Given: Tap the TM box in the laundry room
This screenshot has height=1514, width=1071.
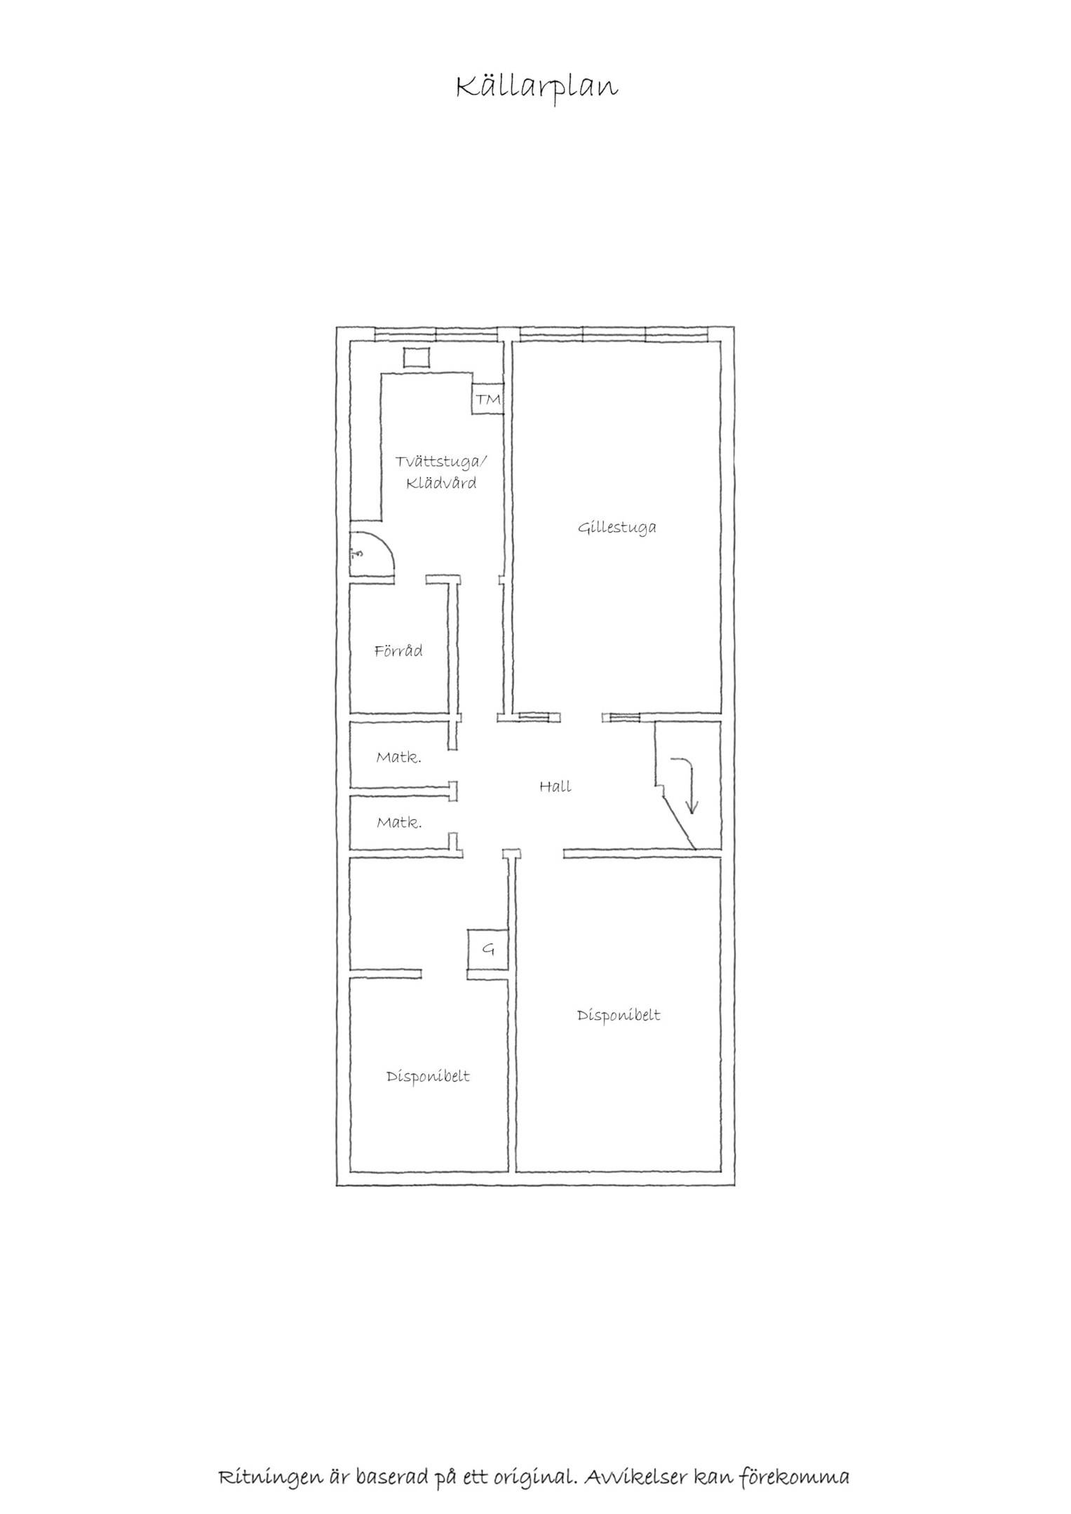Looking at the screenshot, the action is pos(488,400).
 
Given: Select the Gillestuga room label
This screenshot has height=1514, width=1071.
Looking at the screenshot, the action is pos(617,528).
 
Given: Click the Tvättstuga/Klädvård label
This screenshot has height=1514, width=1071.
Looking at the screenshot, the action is pos(440,472).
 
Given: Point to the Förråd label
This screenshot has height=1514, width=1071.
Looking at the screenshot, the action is pos(398,651).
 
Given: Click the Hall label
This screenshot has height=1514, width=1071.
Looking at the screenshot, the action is pos(555,786).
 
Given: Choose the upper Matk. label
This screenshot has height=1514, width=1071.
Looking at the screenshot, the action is pos(398,757).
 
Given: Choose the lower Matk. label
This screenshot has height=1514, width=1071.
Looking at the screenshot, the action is pos(399,822).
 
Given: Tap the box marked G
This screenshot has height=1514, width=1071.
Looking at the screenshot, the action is pos(487,950).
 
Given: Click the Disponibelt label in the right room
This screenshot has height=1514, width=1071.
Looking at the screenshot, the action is pos(619,1015).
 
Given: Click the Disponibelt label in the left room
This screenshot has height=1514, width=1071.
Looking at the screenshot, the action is pos(428,1076).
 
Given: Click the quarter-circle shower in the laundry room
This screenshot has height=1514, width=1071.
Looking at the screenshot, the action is pos(372,554).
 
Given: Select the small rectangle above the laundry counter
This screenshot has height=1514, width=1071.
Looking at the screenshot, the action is pos(417,357).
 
